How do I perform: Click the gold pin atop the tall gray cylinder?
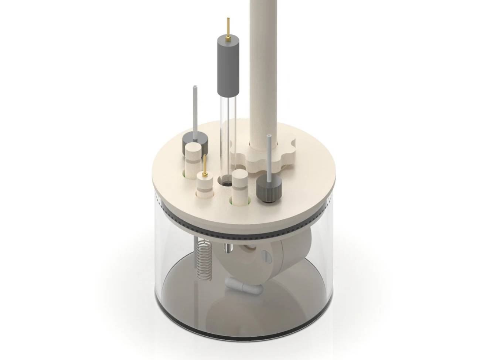[x=228, y=27]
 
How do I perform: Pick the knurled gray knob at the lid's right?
[x=269, y=189]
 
